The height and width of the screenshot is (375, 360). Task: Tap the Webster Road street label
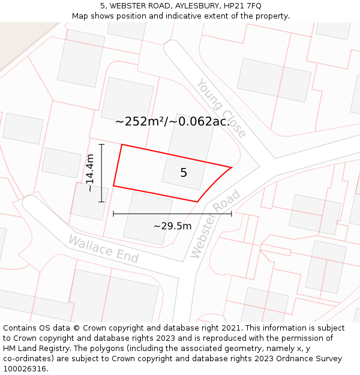[x=215, y=224]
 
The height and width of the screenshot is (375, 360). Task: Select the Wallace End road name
[x=103, y=249]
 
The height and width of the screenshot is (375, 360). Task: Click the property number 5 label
[x=184, y=173]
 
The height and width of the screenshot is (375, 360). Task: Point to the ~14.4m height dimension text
[x=90, y=173]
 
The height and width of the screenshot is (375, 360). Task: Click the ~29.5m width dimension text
[x=172, y=226]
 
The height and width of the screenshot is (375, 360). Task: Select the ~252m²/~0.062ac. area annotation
[x=172, y=121]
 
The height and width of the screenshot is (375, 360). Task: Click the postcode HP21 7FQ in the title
[x=242, y=6]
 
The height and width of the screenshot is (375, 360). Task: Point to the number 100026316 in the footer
[x=25, y=368]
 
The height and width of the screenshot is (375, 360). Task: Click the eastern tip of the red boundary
[x=232, y=167]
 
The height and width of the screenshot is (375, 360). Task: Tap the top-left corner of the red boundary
[x=122, y=145]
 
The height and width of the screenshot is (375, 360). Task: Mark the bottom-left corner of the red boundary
[x=113, y=186]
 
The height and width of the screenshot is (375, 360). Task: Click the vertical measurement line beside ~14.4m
[x=101, y=173]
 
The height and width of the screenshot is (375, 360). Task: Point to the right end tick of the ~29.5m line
[x=232, y=213]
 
